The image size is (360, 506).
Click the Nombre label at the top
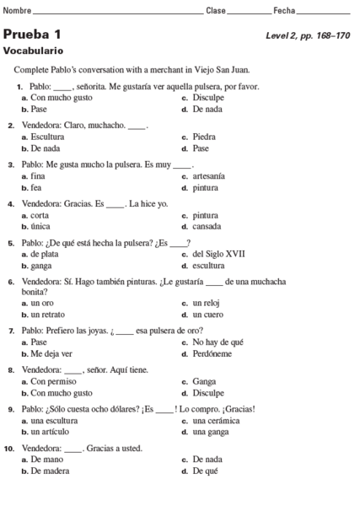click(17, 10)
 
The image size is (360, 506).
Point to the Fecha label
click(284, 10)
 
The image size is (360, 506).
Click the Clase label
click(216, 10)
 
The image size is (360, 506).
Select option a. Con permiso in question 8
click(50, 381)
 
